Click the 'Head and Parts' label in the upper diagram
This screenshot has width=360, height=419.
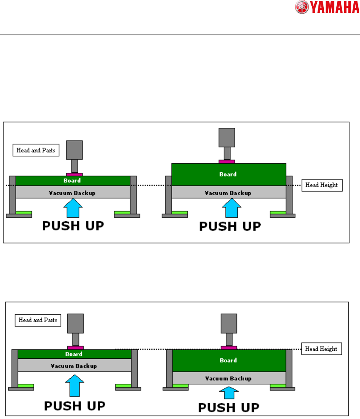tap(36, 150)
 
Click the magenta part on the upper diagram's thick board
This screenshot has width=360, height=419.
tap(227, 162)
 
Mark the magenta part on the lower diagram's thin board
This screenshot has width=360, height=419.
tap(75, 348)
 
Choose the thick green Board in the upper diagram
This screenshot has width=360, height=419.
tap(229, 174)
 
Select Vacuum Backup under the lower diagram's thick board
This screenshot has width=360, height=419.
tap(229, 378)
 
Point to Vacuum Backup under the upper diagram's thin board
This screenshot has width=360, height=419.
tap(73, 193)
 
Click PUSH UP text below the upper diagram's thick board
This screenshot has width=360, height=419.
tap(230, 227)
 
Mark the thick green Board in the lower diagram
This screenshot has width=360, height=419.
tap(229, 360)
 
